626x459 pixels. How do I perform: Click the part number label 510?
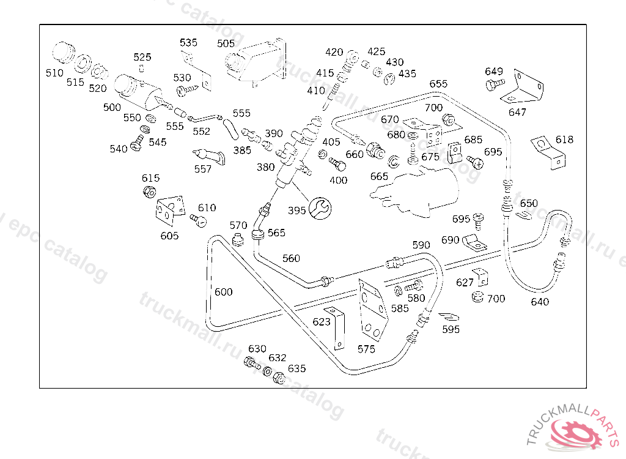point(54,73)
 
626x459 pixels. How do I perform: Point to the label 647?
point(517,112)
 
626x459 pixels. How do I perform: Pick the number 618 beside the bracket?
point(564,140)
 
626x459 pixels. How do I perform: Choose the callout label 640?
point(540,302)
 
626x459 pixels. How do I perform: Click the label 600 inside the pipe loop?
point(223,292)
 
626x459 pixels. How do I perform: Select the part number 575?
point(366,349)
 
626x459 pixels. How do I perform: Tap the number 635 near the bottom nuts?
point(297,368)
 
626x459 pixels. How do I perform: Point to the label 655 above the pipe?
point(438,84)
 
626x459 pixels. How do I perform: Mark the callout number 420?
point(334,52)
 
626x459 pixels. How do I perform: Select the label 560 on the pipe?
point(291,258)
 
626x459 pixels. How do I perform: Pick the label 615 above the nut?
point(150,178)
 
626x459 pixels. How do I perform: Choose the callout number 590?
point(421,245)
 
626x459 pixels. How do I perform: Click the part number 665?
point(379,176)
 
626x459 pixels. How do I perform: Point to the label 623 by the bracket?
point(322,322)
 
